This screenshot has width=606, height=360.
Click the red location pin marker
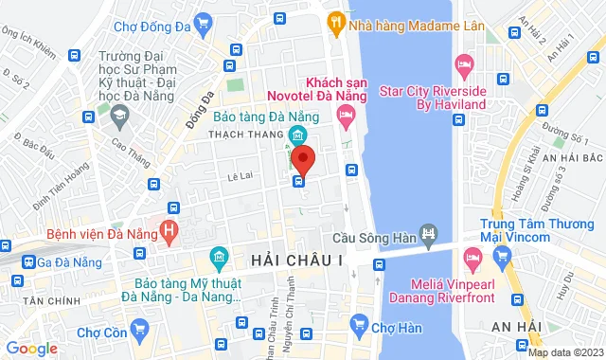(303, 158)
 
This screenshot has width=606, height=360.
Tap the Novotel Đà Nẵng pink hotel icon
(346, 117)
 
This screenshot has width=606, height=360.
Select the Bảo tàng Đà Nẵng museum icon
(297, 135)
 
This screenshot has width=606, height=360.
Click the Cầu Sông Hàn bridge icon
(429, 232)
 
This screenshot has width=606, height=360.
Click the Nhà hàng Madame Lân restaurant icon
(336, 19)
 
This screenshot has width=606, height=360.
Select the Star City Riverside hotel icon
(464, 65)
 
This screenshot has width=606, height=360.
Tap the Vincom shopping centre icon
(503, 255)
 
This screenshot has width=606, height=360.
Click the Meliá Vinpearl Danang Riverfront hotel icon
(469, 257)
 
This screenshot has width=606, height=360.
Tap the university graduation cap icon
(119, 116)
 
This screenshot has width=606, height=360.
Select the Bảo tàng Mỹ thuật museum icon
(220, 257)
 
